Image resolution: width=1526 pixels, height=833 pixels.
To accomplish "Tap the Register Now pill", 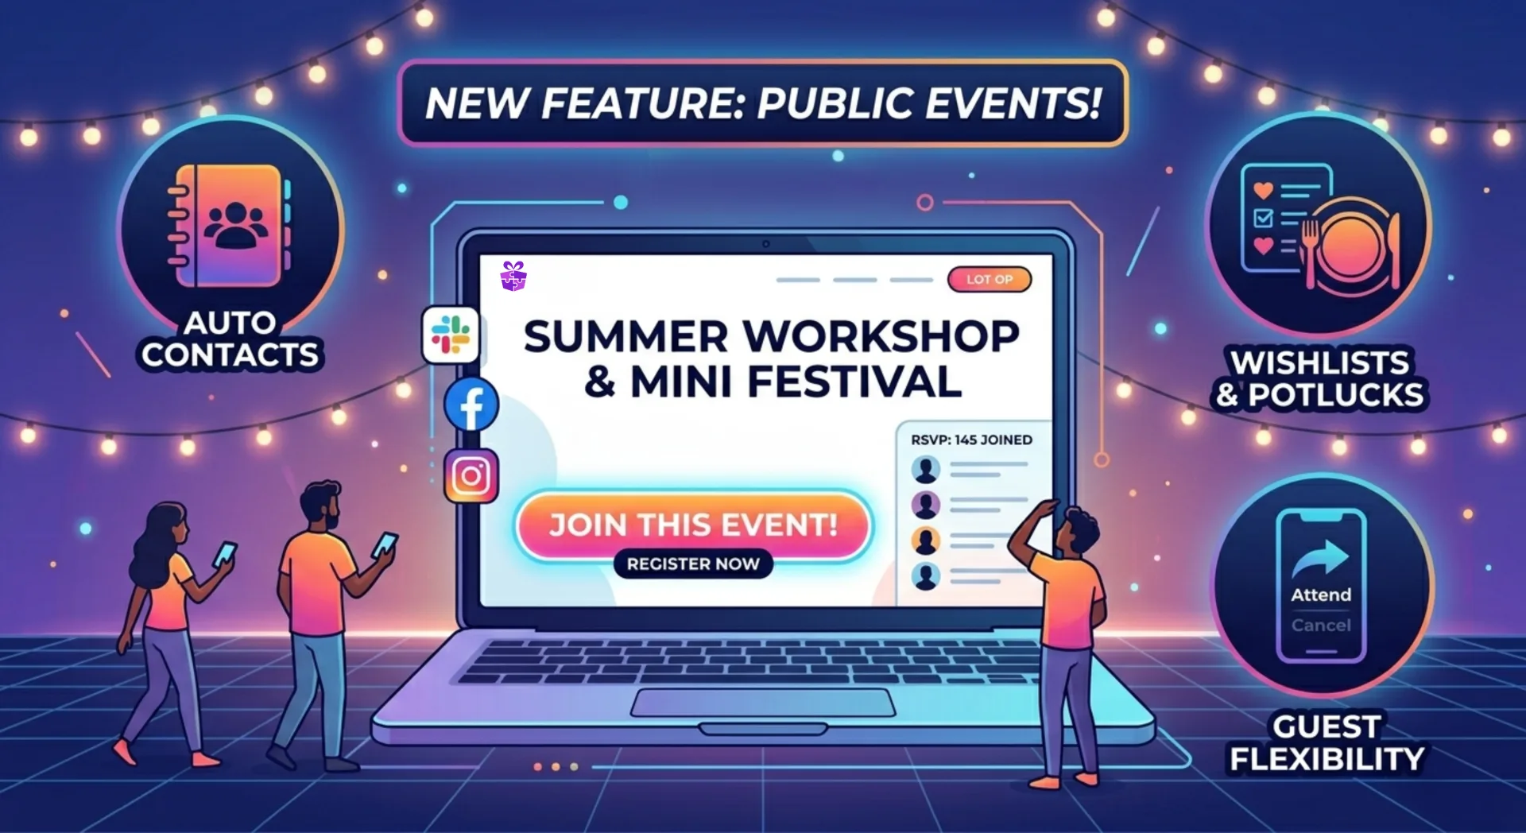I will point(693,564).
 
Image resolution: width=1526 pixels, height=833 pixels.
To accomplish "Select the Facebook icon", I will point(471,405).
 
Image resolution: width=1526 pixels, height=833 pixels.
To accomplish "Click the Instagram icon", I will point(471,476).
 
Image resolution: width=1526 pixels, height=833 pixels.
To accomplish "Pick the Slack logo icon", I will point(451,334).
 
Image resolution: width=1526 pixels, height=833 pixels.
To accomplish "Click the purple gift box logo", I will point(513,276).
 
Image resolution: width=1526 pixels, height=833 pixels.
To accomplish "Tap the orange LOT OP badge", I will point(989,279).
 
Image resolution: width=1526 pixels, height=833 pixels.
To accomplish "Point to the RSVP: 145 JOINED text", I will point(971,440).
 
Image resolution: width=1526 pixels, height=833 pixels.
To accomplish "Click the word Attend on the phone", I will point(1321,595).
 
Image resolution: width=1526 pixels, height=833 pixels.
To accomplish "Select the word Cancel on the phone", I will point(1321,626).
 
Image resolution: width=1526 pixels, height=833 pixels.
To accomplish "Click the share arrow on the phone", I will point(1321,557).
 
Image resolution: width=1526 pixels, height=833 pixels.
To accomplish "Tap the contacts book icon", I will point(230,225).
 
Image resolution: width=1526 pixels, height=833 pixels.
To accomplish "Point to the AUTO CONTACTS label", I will point(230,339).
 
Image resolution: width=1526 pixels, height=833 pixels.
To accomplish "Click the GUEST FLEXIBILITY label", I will point(1327,742).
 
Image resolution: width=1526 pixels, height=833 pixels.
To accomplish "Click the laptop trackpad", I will point(763,703).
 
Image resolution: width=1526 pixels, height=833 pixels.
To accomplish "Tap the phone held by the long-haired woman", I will point(225,553).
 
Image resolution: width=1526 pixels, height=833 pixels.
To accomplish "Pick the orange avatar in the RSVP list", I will point(925,540).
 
